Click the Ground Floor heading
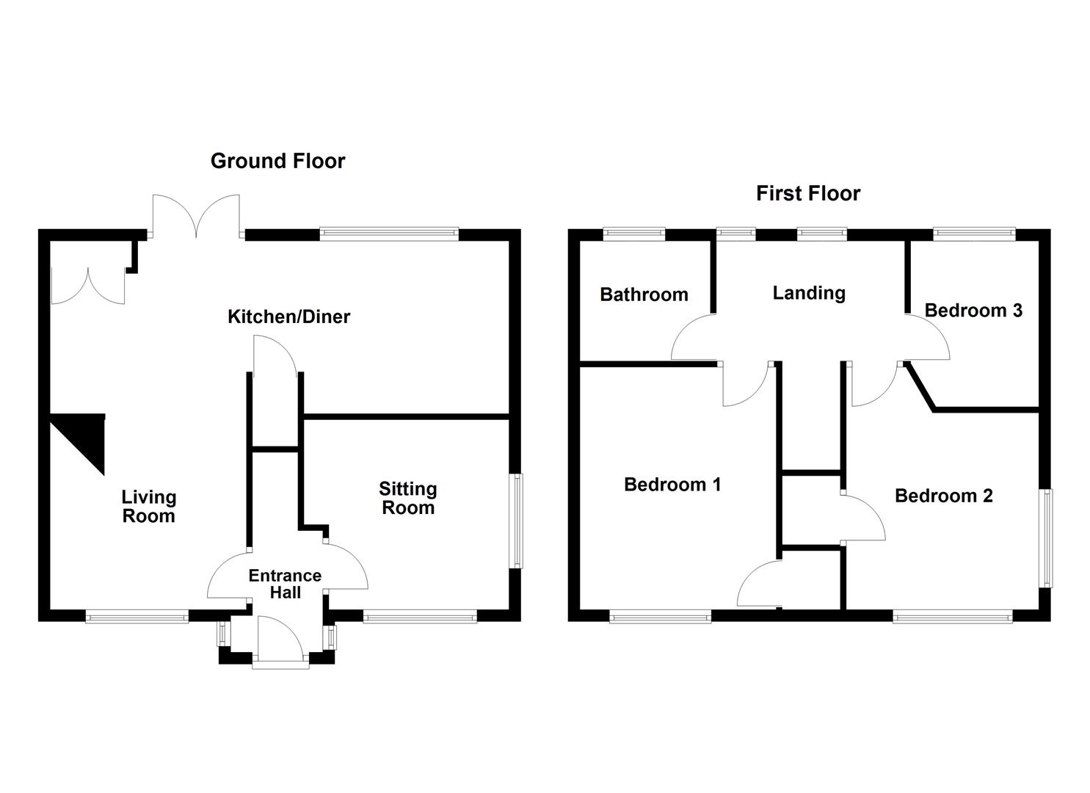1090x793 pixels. [x=277, y=161]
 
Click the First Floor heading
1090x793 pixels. [x=807, y=193]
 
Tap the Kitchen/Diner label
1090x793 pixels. [x=288, y=316]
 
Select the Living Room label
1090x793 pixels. [x=148, y=507]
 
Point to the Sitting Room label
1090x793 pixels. [x=407, y=498]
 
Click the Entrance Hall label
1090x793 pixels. [x=285, y=584]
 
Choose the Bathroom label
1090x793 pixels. [x=644, y=294]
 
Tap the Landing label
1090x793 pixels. [x=809, y=293]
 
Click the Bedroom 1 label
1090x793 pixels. [x=672, y=485]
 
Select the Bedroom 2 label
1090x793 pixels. [x=943, y=496]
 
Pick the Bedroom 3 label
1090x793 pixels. [x=973, y=310]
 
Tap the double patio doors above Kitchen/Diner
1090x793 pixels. [x=196, y=215]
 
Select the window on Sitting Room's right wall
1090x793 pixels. [x=517, y=521]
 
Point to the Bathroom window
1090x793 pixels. [x=634, y=234]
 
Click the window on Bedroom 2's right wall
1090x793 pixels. [x=1047, y=537]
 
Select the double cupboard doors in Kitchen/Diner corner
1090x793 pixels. [x=88, y=286]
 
